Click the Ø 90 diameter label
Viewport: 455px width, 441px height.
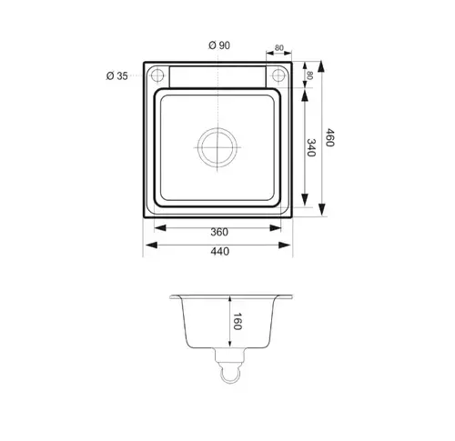tap(219, 45)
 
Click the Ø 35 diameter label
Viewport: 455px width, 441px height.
tap(117, 75)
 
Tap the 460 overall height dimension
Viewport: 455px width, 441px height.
tap(329, 137)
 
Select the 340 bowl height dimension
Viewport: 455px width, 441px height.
tap(311, 147)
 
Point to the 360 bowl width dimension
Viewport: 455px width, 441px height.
tap(219, 232)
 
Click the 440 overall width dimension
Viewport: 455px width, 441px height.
tap(219, 251)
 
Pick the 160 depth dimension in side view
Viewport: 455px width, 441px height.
tap(237, 321)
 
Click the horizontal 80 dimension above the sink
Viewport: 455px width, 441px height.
tap(279, 48)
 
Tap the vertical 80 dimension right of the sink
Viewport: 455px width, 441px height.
tap(309, 75)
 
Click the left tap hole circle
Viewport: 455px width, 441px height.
tap(157, 75)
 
